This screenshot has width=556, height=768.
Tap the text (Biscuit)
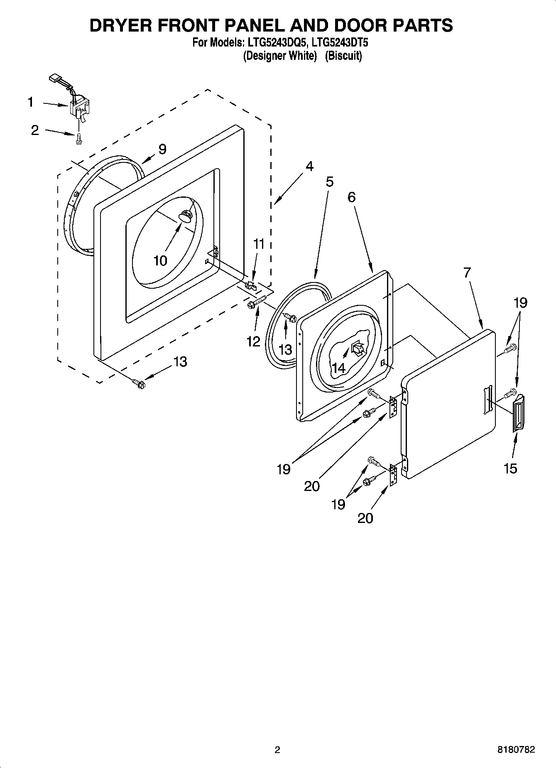(x=343, y=56)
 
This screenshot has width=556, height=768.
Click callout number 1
(x=30, y=102)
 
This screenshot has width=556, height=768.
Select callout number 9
(x=162, y=149)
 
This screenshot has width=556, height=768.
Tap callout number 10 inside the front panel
(x=160, y=260)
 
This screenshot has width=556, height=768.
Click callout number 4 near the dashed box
(x=309, y=166)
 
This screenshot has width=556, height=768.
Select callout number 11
(x=259, y=244)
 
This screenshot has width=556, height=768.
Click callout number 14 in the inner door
(x=338, y=368)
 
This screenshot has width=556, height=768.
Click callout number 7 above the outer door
(x=467, y=272)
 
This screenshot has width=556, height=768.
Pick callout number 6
(x=352, y=197)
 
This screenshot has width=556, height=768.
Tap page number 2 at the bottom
(x=277, y=750)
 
